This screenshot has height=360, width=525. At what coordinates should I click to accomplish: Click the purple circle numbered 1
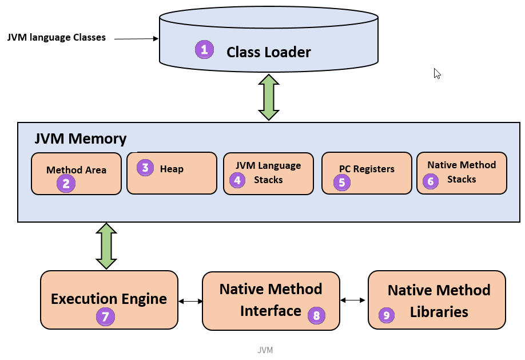204,50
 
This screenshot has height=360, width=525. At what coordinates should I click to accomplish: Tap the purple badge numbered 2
66,183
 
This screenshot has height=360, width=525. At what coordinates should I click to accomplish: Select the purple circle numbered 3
145,168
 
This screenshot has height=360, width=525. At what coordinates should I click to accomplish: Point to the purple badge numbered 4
237,180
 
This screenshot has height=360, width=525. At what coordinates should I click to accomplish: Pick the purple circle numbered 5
342,183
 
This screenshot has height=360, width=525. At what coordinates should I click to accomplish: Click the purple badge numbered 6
431,181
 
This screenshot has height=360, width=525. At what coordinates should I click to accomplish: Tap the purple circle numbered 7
105,317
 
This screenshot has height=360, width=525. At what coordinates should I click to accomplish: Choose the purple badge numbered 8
316,315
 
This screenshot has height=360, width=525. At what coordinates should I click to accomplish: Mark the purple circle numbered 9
387,315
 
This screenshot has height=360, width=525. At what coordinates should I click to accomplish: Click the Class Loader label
269,52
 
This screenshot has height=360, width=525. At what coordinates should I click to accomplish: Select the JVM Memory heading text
81,139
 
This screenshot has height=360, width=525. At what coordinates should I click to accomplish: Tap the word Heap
172,169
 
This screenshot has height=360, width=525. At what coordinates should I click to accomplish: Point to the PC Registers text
367,169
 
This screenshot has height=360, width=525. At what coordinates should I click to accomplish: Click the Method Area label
76,170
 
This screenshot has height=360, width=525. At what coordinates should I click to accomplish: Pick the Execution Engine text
109,299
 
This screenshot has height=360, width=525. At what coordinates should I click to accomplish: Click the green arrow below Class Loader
269,97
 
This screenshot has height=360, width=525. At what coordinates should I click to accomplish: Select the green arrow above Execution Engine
106,246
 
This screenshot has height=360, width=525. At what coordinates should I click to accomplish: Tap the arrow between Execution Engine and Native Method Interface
190,301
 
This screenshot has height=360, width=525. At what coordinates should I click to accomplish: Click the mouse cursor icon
437,74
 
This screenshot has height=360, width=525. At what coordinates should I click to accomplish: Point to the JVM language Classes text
57,37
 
